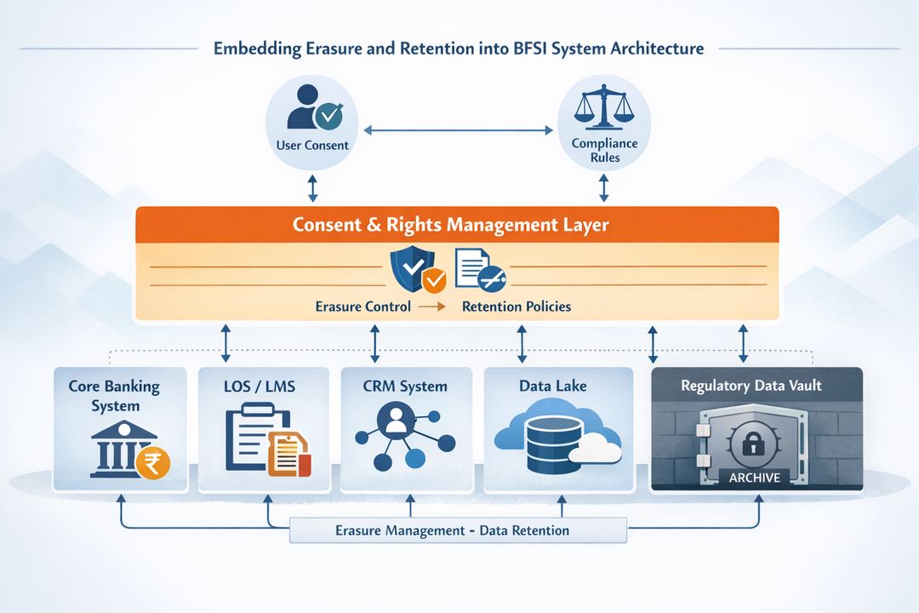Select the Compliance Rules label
point(603,151)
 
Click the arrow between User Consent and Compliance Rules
point(459,130)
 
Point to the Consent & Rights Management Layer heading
point(450,225)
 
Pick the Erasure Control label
point(362,306)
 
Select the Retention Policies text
point(516,306)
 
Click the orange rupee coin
point(154,462)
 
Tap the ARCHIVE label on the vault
point(754,478)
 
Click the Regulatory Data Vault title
point(751,386)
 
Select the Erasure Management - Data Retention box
point(459,530)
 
